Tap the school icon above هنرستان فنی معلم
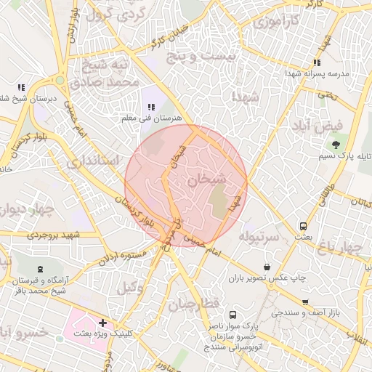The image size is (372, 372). (x=152, y=107)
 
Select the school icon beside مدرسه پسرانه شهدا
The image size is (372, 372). (x=316, y=63)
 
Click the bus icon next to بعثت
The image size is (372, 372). (x=303, y=226)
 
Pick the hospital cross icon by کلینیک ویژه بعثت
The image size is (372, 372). (x=102, y=322)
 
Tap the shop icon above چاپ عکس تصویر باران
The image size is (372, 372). (x=267, y=267)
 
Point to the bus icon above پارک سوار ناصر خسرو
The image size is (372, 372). (x=232, y=315)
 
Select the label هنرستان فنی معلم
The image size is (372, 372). (x=153, y=118)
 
